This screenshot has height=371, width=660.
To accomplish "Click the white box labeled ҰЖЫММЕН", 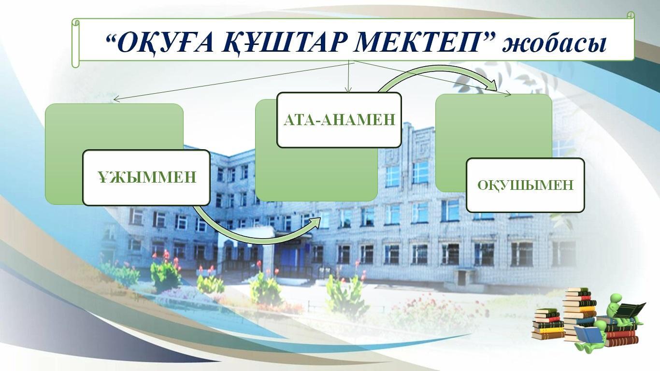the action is [146, 177].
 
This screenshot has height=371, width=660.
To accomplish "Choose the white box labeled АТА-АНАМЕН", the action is [339, 120].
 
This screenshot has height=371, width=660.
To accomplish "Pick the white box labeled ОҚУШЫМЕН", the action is [525, 185].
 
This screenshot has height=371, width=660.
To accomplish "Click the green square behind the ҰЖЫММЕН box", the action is [114, 154].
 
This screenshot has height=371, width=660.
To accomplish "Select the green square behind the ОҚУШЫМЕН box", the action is [493, 143].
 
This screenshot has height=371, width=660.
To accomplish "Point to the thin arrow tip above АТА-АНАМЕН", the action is [348, 90].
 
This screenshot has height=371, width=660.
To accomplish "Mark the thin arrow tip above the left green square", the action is [115, 100].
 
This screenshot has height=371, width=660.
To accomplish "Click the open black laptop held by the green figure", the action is [630, 310].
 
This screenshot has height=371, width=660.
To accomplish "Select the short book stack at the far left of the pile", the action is [548, 323].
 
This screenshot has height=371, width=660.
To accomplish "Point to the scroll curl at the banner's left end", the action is [76, 43].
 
